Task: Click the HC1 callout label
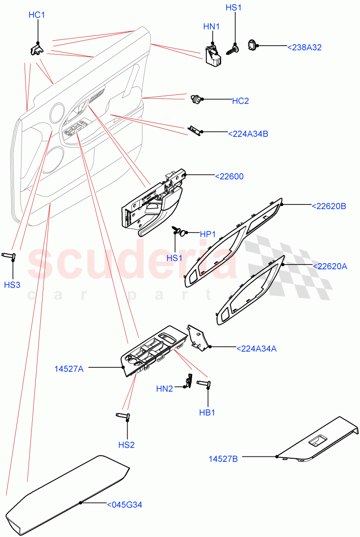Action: point(37,15)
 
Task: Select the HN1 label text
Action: point(211,27)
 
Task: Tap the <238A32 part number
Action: point(304,47)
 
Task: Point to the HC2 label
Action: point(240,101)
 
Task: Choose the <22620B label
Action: point(329,206)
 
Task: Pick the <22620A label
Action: point(329,266)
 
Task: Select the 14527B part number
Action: point(223,459)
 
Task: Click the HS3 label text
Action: point(12,285)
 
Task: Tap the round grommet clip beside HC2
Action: point(195,99)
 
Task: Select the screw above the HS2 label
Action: point(123,416)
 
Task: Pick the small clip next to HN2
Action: point(189,381)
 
